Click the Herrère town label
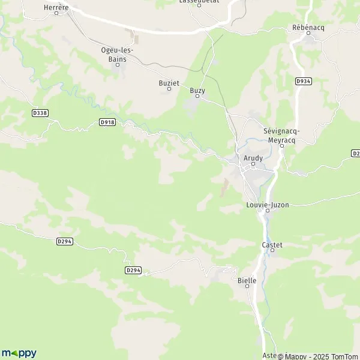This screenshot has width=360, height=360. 56,7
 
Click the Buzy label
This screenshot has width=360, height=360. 197,90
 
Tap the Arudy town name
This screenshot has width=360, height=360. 253,157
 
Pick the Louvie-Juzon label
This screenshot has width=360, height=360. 268,205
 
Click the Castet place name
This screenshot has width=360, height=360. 272,244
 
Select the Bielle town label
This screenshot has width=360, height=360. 247,280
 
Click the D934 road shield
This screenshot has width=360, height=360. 304,81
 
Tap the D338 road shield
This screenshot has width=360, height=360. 40,112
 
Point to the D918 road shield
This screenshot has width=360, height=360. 107,122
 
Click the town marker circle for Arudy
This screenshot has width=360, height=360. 253,164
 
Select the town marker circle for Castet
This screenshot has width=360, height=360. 272,251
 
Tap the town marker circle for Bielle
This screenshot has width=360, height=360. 247,287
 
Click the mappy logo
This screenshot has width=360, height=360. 19,353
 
